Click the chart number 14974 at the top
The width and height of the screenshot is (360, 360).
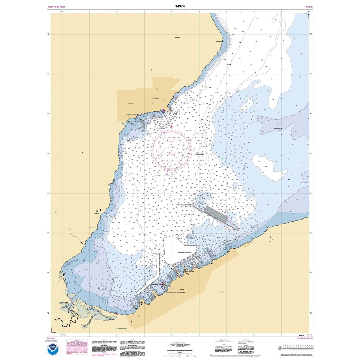180,6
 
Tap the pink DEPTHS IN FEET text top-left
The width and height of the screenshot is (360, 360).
56,7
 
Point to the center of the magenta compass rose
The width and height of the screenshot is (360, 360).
171,152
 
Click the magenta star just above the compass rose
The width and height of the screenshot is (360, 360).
171,126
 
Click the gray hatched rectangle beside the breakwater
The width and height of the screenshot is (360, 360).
215,213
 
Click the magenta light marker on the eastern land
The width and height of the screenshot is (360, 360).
271,238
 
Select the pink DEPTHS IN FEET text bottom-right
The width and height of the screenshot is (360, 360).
305,338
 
